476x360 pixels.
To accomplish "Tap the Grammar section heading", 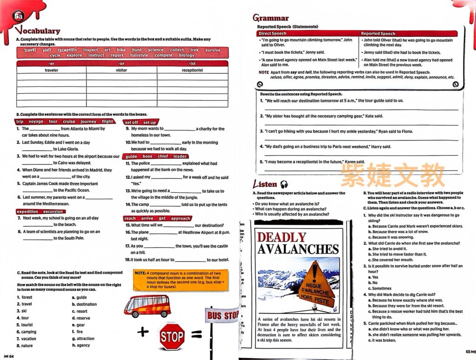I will pyautogui.click(x=271, y=18).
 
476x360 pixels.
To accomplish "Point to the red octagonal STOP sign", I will pyautogui.click(x=172, y=336).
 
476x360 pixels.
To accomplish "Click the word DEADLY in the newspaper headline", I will pyautogui.click(x=282, y=237).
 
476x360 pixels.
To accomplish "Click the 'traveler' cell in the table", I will pyautogui.click(x=52, y=70).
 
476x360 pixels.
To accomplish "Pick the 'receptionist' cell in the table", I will pyautogui.click(x=192, y=70).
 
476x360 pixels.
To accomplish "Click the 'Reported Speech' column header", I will pyautogui.click(x=378, y=33).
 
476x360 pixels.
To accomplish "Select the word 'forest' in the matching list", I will pyautogui.click(x=27, y=297).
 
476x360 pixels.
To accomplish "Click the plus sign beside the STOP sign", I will pyautogui.click(x=143, y=332).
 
